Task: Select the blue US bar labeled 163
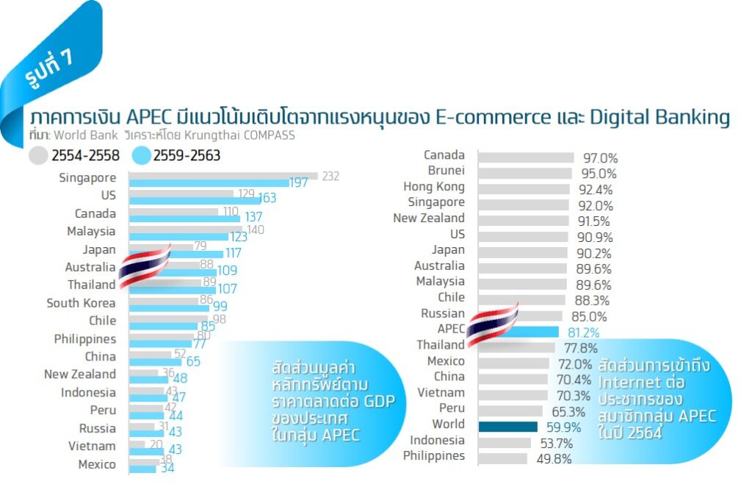click(195, 199)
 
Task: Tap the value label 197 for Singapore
click(298, 183)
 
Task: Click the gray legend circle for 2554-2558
click(38, 156)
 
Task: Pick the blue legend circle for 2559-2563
click(141, 156)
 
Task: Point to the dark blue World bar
click(507, 427)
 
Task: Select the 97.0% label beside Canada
click(600, 158)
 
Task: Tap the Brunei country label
click(446, 171)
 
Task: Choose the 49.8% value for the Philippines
click(553, 459)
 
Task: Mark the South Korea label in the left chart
click(81, 303)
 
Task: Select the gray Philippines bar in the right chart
click(502, 458)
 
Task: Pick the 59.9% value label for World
click(563, 427)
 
